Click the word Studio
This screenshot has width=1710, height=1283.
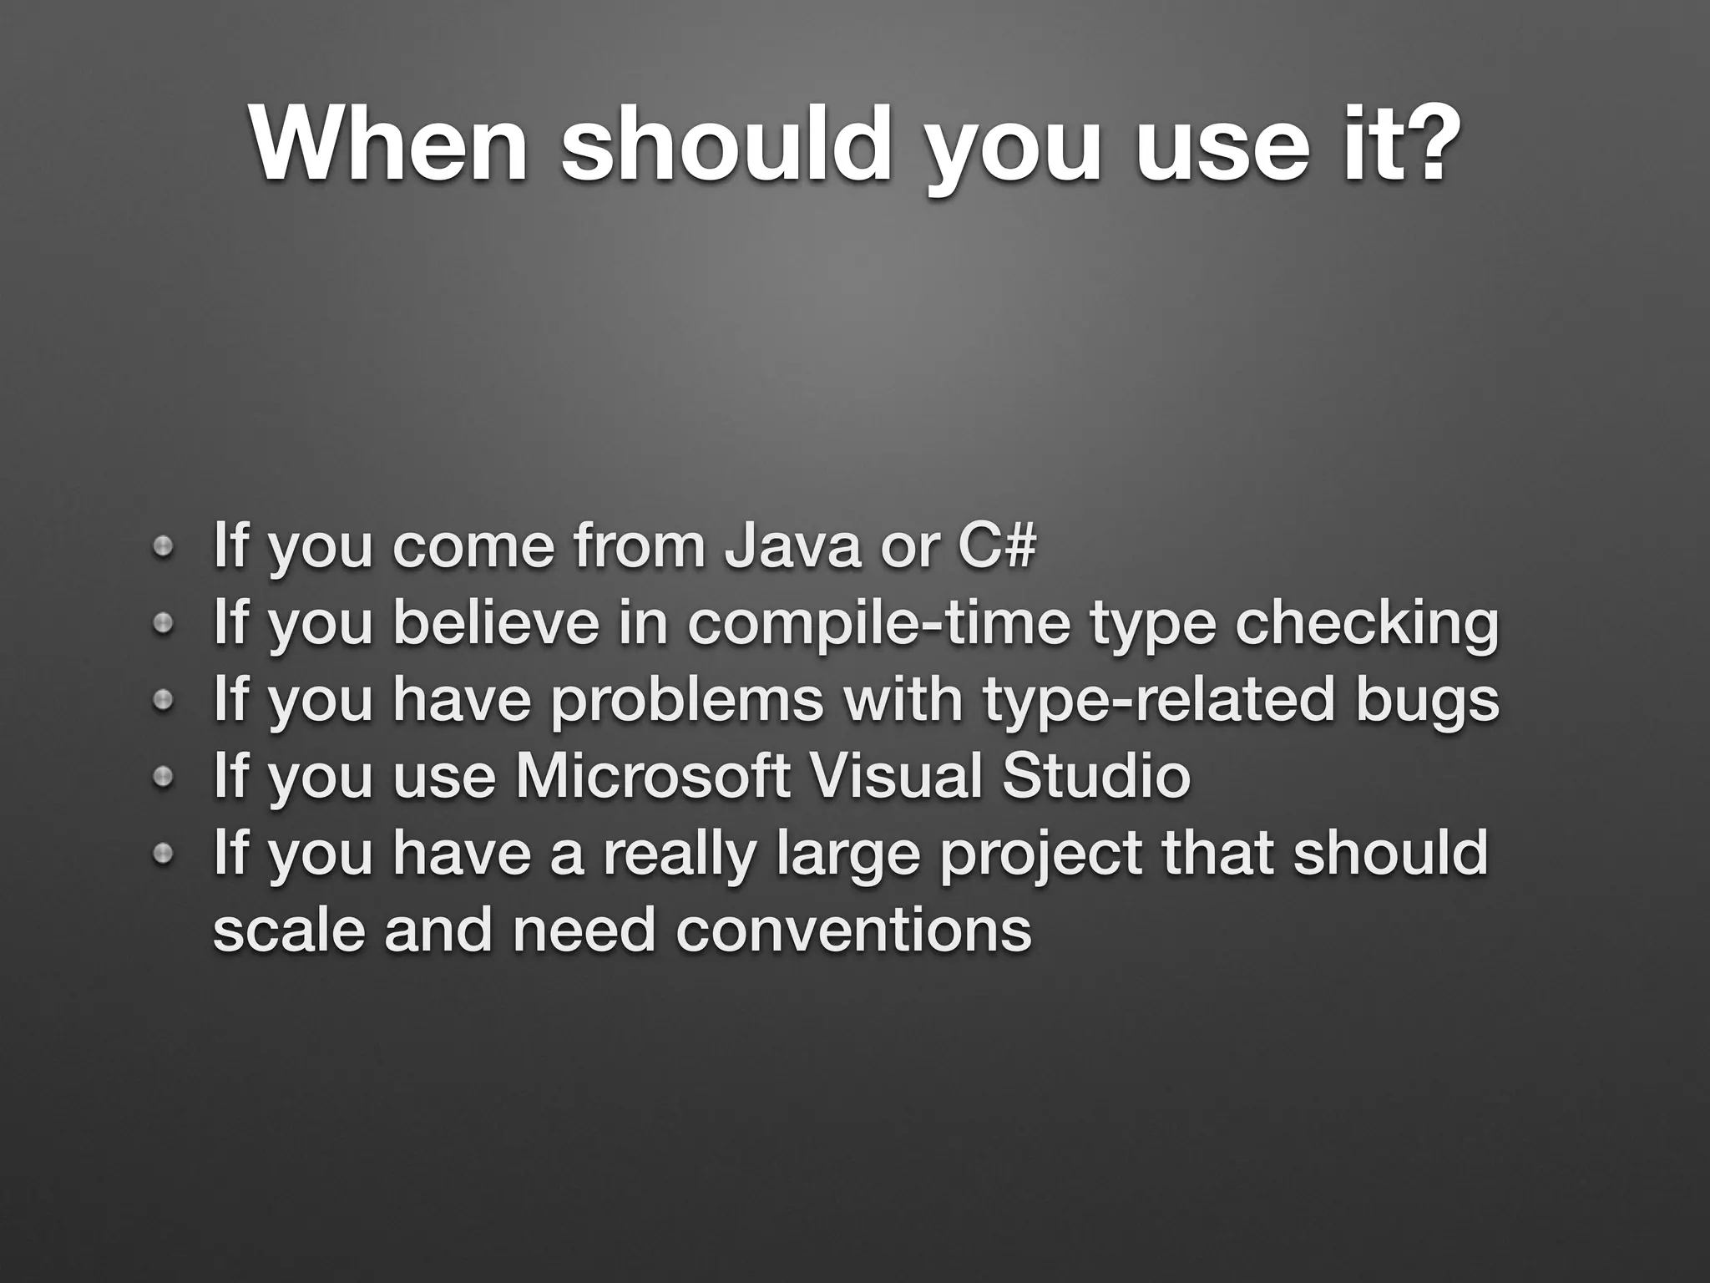point(1095,776)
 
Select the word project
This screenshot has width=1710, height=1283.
point(1040,854)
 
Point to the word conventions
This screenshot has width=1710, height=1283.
point(853,930)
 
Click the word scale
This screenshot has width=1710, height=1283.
point(289,930)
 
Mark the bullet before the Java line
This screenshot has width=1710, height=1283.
point(164,546)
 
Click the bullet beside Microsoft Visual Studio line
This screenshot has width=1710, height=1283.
point(164,778)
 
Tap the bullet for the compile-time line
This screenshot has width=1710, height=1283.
point(164,623)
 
